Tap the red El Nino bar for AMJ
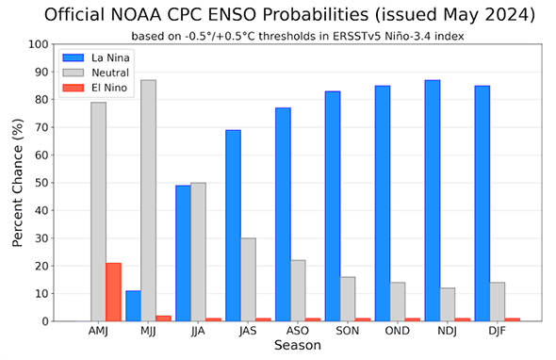click(113, 292)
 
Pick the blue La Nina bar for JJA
click(183, 254)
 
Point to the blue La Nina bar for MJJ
click(133, 306)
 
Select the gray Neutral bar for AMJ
click(98, 212)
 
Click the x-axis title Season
click(298, 346)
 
